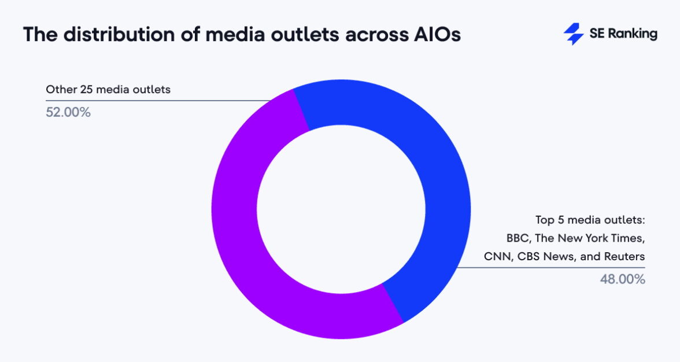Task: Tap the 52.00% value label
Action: pos(68,112)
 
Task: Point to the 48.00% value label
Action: pos(622,279)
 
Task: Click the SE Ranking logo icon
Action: pos(574,34)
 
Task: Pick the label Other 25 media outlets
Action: pos(108,90)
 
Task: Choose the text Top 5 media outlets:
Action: pos(590,220)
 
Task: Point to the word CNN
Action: pos(496,256)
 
